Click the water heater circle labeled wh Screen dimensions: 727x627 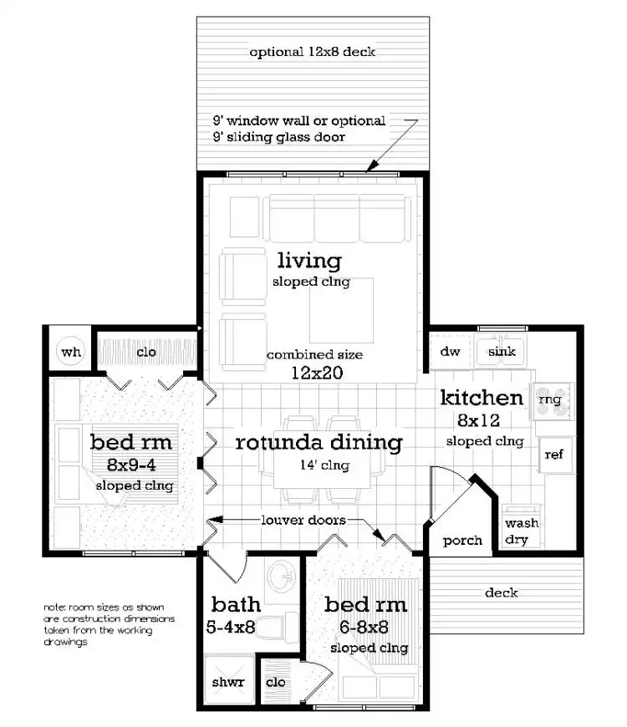[71, 352]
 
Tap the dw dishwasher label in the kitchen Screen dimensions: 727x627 [451, 352]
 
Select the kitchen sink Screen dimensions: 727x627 [502, 352]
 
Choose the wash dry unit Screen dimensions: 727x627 [522, 531]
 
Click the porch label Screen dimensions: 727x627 [462, 540]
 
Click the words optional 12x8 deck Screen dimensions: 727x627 [313, 52]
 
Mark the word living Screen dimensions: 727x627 [309, 261]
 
